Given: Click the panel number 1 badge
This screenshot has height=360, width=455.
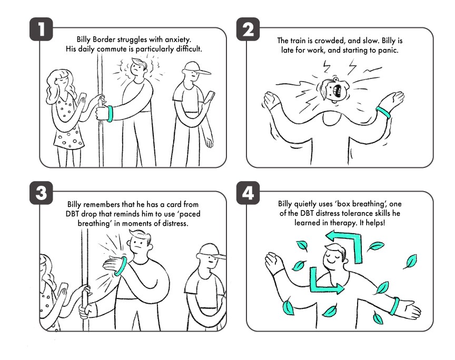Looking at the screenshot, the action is click(x=41, y=29).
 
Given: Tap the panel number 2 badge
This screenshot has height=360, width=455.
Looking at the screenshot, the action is click(x=248, y=29).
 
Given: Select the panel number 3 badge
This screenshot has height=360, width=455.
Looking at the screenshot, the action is click(x=41, y=193).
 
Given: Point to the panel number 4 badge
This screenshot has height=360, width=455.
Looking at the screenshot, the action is click(x=248, y=193).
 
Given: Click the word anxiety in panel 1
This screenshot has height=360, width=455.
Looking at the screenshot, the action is click(x=178, y=39).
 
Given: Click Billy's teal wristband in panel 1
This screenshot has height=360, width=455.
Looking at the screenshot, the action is click(x=110, y=114).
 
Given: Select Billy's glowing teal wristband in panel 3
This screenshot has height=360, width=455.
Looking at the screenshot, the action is click(x=122, y=266).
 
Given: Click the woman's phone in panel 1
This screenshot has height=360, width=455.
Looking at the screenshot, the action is click(x=82, y=98).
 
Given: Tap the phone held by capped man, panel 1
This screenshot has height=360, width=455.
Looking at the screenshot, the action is click(x=210, y=97).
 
